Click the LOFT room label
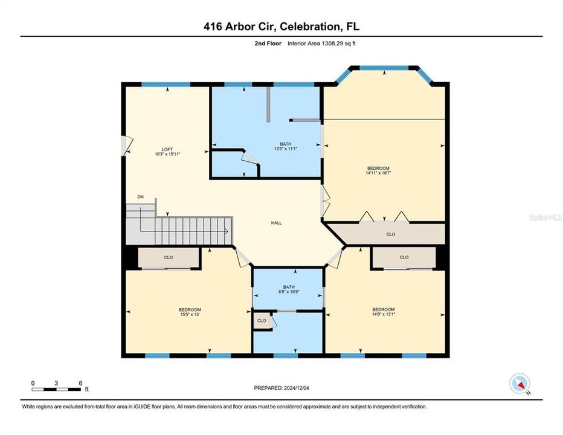(x=167, y=149)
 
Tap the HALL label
(x=276, y=223)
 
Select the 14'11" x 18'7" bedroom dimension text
(x=378, y=173)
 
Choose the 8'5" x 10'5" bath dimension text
(x=289, y=292)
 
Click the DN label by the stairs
(x=140, y=197)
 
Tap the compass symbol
(x=520, y=383)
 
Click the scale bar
(x=57, y=387)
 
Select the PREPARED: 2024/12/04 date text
(x=281, y=387)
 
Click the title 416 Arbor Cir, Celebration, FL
(x=281, y=26)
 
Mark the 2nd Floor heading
(x=267, y=43)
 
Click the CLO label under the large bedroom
(x=391, y=234)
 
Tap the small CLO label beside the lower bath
(x=262, y=320)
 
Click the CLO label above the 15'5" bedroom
(x=169, y=258)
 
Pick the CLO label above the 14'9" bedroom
(x=404, y=257)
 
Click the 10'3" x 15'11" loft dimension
(x=167, y=154)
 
